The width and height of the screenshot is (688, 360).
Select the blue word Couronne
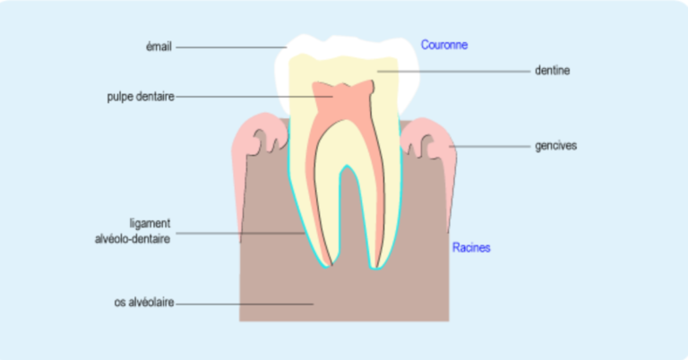[x=444, y=44]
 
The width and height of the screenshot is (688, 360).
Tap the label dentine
[x=553, y=69]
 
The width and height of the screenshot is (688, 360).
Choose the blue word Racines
[x=470, y=247]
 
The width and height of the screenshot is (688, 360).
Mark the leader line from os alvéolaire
[x=242, y=304]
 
